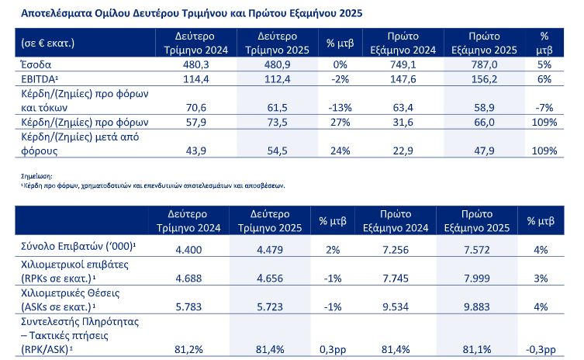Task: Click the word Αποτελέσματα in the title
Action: (53, 14)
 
